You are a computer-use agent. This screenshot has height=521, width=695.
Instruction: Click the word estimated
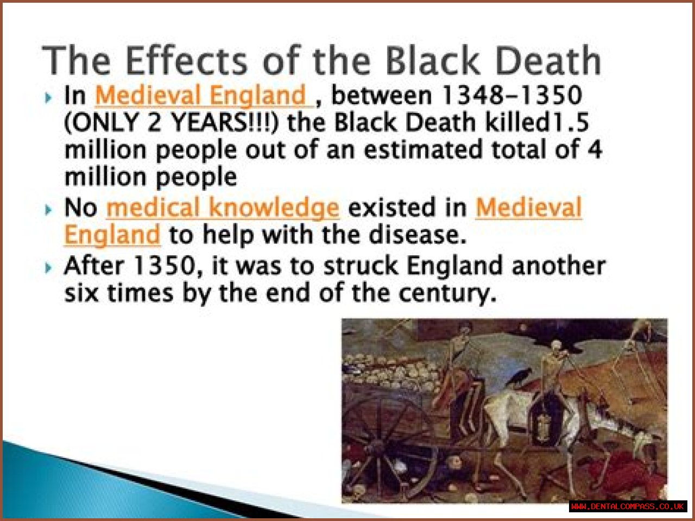[423, 149]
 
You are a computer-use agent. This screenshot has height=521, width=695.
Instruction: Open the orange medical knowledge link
[223, 208]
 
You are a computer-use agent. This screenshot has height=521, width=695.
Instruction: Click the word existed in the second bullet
[391, 208]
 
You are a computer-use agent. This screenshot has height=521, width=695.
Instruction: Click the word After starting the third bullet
[94, 266]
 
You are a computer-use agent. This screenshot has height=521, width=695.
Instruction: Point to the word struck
[361, 266]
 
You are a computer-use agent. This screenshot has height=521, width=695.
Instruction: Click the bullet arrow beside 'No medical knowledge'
[48, 209]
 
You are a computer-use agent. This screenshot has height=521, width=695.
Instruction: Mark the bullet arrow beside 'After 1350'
[48, 268]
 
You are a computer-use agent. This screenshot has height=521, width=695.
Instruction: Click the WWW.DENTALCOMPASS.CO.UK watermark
[628, 506]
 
